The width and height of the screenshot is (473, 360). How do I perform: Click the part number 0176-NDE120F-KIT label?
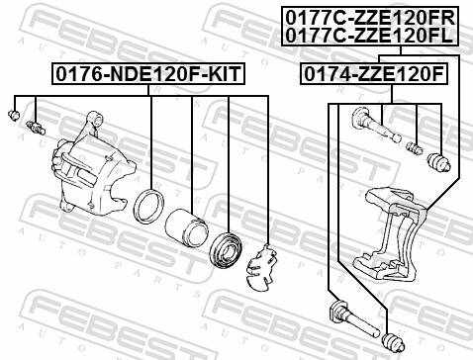pos(148,72)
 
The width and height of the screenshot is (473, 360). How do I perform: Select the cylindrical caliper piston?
pos(182,228)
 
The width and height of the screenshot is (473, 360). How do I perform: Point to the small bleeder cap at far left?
pos(14,117)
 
